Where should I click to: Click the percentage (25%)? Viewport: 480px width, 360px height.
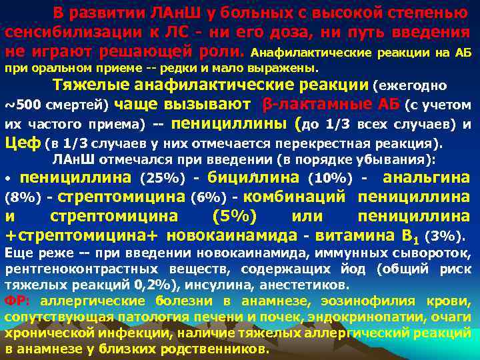point(161,178)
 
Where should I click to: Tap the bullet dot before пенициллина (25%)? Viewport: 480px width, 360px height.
point(7,180)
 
